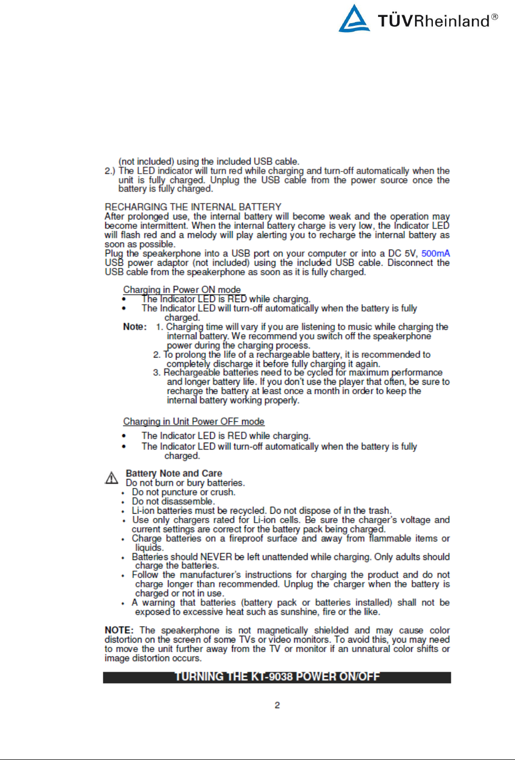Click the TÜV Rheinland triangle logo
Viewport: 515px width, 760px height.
(354, 19)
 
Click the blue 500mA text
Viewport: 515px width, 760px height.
(435, 254)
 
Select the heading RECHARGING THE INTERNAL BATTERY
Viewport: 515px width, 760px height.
(193, 207)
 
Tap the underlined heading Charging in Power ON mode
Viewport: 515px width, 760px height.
(182, 289)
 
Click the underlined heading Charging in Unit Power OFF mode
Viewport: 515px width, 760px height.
(194, 422)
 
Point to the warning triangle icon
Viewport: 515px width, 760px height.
(112, 478)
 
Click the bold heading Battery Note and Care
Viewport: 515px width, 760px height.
(174, 473)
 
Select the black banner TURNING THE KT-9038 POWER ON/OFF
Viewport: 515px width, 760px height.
(277, 677)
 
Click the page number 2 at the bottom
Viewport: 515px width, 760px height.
(277, 705)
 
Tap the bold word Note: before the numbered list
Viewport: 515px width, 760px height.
(135, 327)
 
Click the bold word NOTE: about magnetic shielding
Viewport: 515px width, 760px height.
(119, 631)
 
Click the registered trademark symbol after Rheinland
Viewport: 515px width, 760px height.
(494, 17)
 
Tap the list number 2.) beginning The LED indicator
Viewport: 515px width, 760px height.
(110, 171)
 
